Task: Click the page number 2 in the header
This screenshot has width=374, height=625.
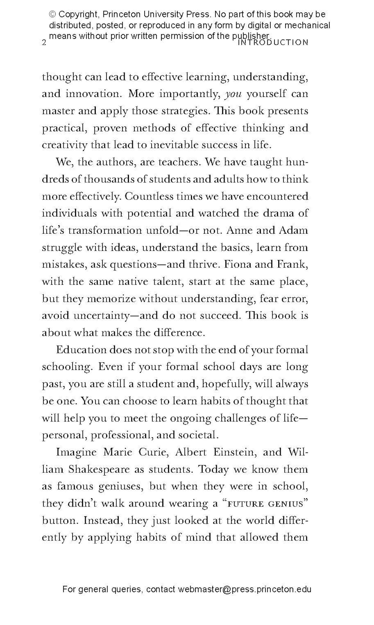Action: tap(44, 43)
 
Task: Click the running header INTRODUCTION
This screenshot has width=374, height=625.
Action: tap(273, 43)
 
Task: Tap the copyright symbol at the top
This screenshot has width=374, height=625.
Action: tap(52, 14)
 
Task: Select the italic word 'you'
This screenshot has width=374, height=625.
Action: tap(233, 94)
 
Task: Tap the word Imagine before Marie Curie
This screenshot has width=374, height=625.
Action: tap(76, 453)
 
